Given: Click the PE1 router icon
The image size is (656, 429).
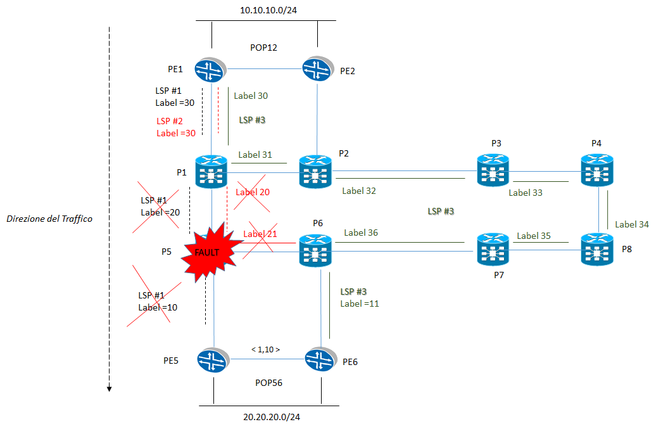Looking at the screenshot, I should (x=211, y=68).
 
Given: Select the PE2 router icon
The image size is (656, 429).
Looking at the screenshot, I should (x=317, y=68).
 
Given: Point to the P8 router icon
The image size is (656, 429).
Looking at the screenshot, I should (x=598, y=250).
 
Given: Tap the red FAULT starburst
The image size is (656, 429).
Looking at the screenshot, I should (x=206, y=252).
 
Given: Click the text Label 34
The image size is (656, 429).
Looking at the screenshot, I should (x=631, y=224).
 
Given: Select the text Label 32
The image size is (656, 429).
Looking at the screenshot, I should (x=359, y=190).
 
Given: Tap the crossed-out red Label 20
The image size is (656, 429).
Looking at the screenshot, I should (x=252, y=192).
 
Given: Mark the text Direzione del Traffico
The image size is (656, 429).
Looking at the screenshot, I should (x=49, y=219).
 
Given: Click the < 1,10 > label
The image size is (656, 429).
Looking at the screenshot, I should (x=265, y=349).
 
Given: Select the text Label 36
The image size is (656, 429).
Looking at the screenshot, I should (x=361, y=233).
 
